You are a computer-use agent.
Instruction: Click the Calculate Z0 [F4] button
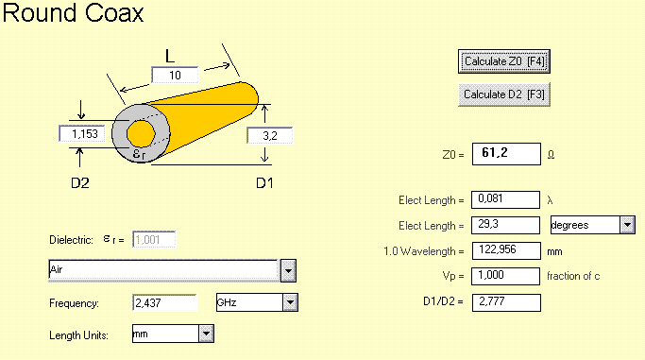(504, 61)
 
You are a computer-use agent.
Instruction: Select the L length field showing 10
(175, 75)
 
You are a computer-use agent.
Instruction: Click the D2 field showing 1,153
(82, 134)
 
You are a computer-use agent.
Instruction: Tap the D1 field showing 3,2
(270, 135)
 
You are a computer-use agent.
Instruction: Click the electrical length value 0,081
(505, 199)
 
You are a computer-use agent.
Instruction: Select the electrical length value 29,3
(505, 225)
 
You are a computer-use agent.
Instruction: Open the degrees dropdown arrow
(627, 225)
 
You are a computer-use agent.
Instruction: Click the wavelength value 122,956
(506, 250)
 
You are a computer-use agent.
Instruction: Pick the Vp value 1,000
(505, 276)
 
